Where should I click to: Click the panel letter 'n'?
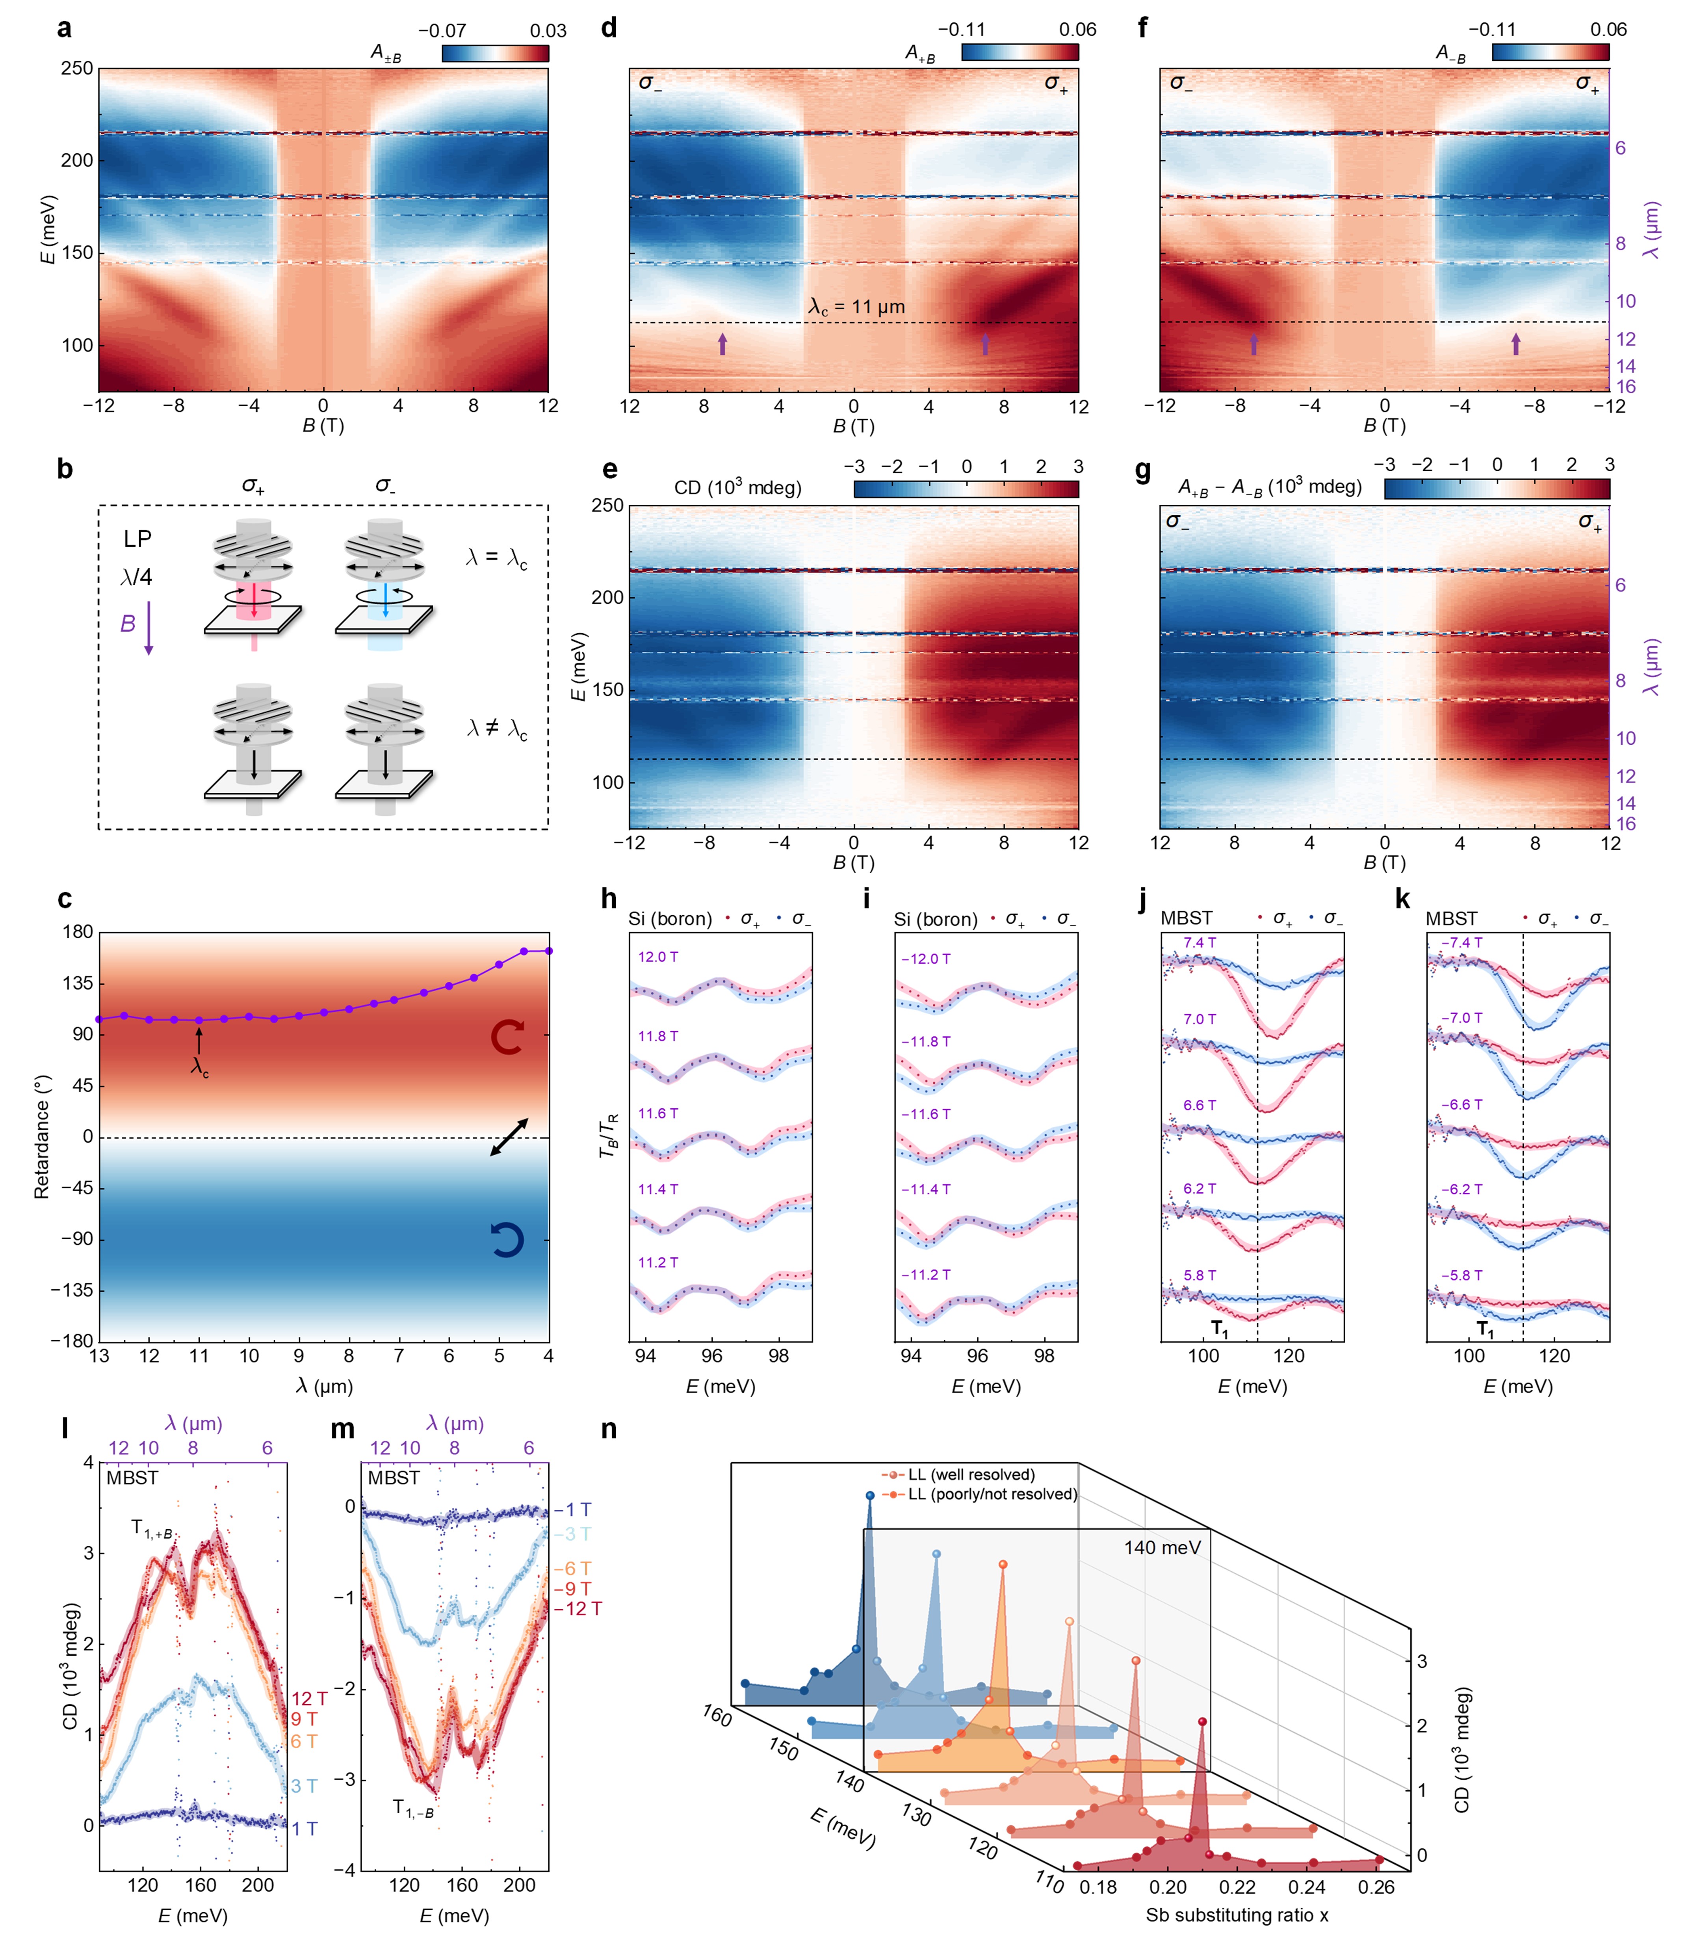[609, 1429]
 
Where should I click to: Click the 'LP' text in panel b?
[137, 539]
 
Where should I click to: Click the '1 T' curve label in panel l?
[304, 1829]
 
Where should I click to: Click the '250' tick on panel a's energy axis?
[77, 69]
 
